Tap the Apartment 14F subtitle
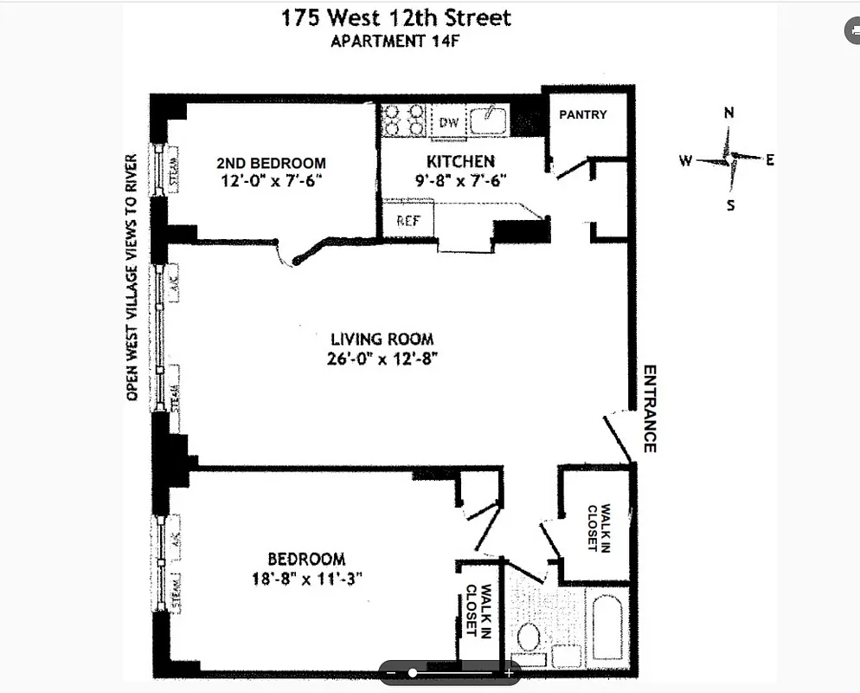395,41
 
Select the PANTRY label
582,114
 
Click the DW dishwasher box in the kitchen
448,122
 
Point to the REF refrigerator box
408,221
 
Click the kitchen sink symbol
490,120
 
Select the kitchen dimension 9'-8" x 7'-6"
459,180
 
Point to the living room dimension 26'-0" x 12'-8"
382,357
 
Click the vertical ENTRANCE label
649,408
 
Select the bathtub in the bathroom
610,628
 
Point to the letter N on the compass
729,113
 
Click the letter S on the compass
730,205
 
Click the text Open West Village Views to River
132,277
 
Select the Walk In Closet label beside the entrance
599,528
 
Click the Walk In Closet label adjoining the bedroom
478,612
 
